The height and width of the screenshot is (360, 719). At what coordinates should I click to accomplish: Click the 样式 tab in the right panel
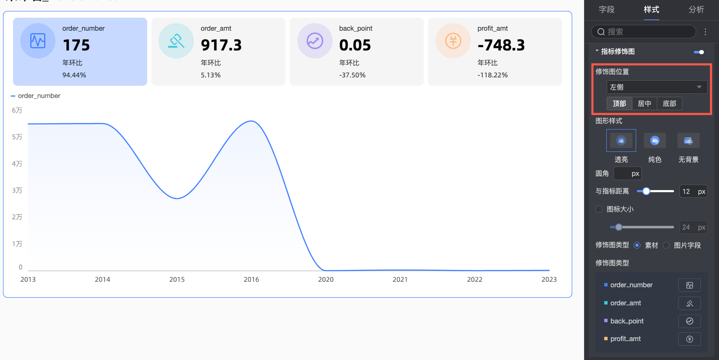[x=651, y=10]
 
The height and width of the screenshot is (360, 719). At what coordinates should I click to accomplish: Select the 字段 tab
[x=607, y=10]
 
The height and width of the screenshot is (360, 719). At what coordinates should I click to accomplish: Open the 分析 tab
[x=696, y=10]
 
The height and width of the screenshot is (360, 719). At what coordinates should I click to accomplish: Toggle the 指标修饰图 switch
[x=699, y=52]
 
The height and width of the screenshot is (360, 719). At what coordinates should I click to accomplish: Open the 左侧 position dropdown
[x=657, y=87]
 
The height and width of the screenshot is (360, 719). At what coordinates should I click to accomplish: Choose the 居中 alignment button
[x=644, y=103]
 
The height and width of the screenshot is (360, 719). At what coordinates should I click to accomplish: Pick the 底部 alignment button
[x=669, y=103]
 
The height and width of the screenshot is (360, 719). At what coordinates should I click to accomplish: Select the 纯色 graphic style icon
[x=655, y=140]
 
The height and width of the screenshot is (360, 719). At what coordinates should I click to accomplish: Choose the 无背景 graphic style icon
[x=688, y=140]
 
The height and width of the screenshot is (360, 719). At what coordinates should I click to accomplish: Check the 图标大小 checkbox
[x=599, y=209]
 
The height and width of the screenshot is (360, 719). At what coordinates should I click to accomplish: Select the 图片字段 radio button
[x=666, y=245]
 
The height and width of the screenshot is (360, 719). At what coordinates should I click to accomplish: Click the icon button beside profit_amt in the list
[x=689, y=339]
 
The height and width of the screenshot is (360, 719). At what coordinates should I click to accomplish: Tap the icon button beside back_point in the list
[x=689, y=321]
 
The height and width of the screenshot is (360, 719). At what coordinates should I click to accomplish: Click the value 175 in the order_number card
[x=76, y=45]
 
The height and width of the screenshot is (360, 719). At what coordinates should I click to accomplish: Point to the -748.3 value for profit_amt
[x=501, y=45]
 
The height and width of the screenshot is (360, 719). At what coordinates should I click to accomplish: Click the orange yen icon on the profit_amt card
[x=453, y=41]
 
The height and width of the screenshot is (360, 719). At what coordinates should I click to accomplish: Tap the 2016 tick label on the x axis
[x=251, y=280]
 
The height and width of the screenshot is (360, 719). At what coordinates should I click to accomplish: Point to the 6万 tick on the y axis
[x=17, y=111]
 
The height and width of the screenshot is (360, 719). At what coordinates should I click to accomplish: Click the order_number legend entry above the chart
[x=39, y=96]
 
